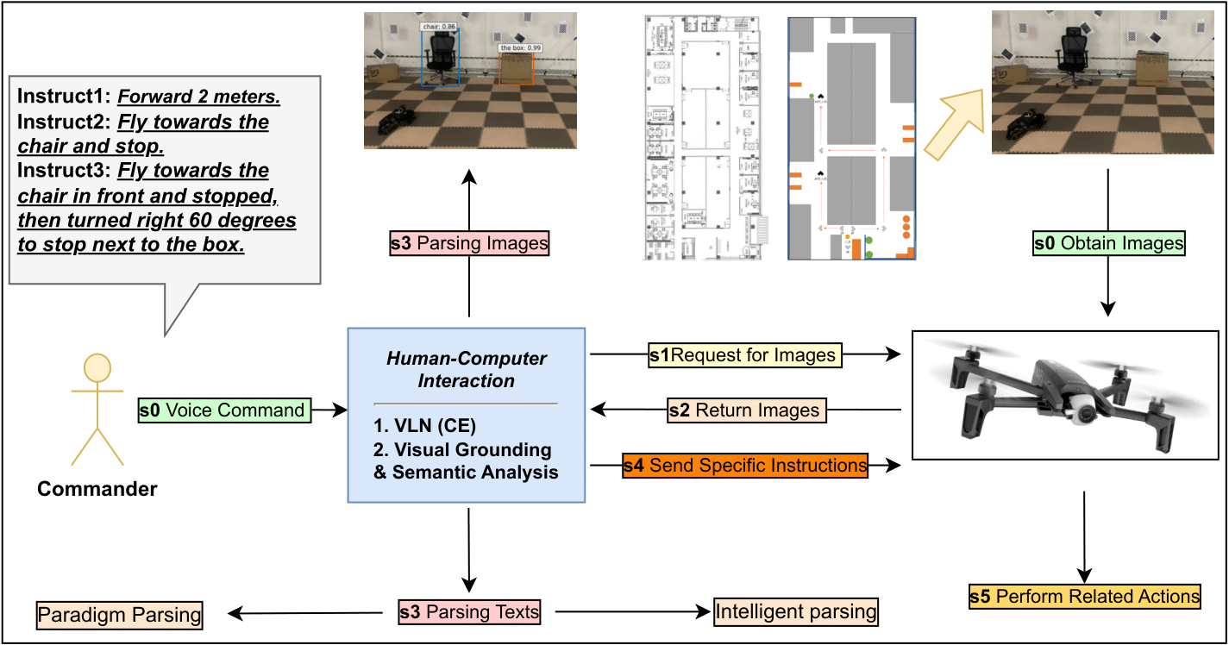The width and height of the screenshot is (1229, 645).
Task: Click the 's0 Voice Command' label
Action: pos(223,410)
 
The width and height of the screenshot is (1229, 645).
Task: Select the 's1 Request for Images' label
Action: pos(744,354)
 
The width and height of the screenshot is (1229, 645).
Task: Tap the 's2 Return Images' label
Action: pos(746,410)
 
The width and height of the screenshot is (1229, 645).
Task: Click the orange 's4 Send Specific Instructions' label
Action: pos(745,466)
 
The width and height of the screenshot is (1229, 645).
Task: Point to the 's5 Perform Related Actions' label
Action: pos(1084,596)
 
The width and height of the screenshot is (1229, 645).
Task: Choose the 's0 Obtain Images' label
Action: pos(1108,244)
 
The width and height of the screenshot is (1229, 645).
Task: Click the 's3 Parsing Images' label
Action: pos(469,244)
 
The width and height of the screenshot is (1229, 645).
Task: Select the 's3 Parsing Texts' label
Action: pos(469,613)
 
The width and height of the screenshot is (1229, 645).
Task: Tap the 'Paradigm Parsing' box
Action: pos(119,615)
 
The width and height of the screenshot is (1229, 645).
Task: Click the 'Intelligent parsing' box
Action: pos(795,613)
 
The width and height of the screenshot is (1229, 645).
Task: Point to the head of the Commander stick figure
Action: pos(97,368)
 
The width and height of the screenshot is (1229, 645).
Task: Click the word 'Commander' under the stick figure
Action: pos(97,490)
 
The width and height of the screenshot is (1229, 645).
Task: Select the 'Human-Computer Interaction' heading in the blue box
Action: pos(466,369)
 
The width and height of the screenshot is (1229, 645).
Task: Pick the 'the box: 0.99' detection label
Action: pos(521,47)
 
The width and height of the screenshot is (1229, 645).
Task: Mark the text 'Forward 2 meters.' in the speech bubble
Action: pos(199,97)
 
